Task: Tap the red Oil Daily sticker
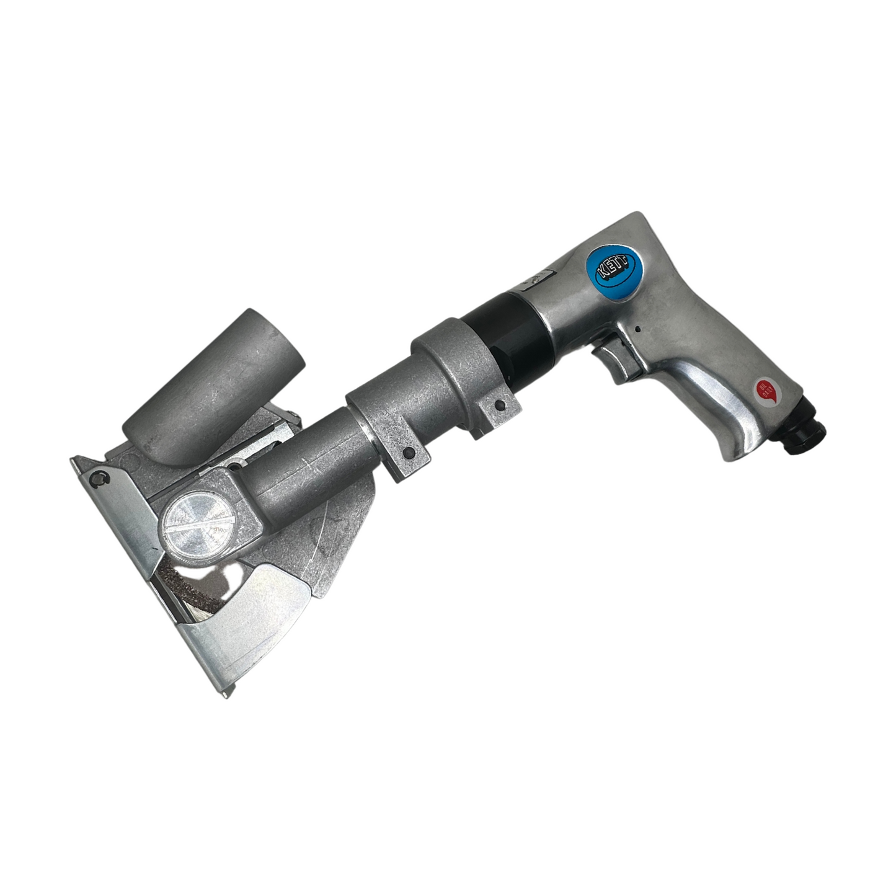(766, 391)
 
